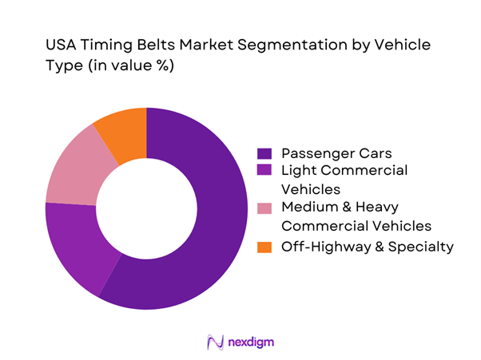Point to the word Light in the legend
click(298, 171)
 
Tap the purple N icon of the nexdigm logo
click(214, 342)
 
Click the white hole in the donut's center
click(146, 208)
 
